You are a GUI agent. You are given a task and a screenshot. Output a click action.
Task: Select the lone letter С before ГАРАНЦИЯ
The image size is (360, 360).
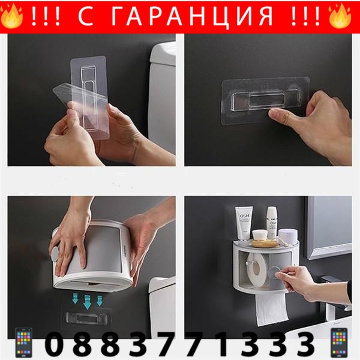point(86,17)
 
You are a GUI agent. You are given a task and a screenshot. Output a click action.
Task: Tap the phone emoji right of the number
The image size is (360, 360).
point(339,342)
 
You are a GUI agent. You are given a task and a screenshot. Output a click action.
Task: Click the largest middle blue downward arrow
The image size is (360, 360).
point(87,301)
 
